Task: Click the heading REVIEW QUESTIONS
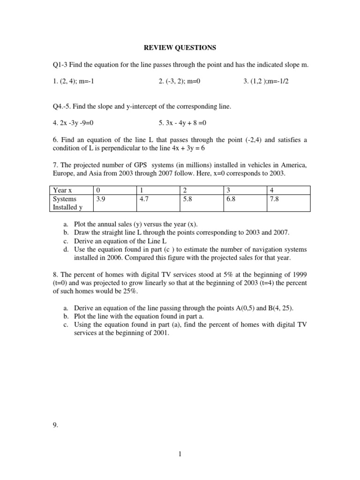click(180, 48)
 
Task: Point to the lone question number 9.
click(55, 412)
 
